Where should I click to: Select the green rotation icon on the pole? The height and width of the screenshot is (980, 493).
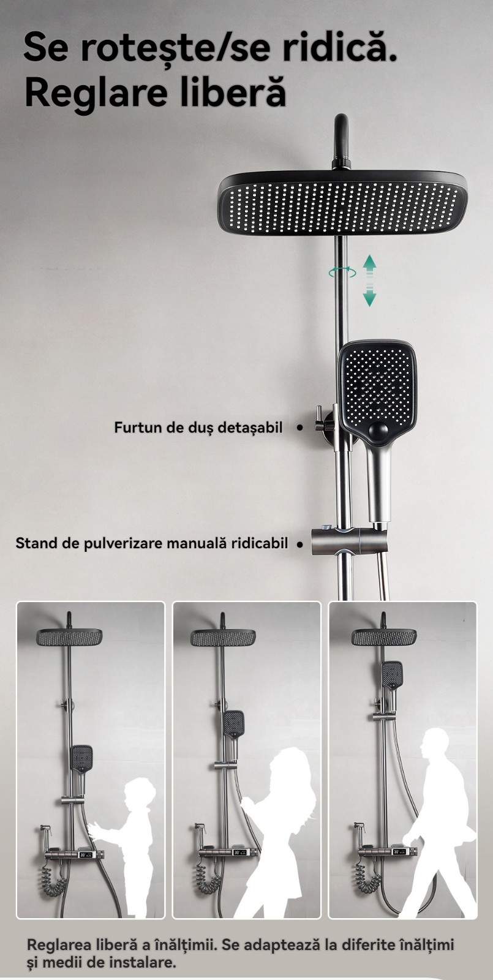[x=342, y=272]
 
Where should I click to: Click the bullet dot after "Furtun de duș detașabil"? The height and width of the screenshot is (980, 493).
[x=299, y=428]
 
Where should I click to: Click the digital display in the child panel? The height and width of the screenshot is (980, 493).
[x=85, y=854]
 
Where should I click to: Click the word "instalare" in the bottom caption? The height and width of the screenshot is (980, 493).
[x=141, y=962]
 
